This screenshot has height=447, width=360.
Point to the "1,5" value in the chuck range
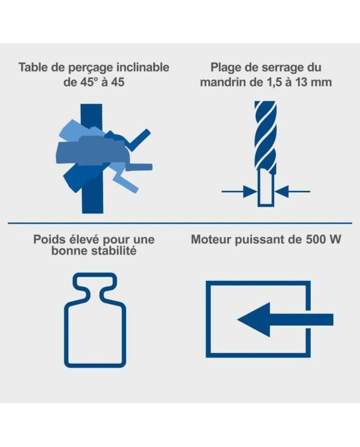point(274,83)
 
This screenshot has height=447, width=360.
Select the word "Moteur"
point(211,240)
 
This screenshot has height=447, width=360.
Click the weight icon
point(95,320)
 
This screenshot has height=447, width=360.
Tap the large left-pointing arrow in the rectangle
point(285,319)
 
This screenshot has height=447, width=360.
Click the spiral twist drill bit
point(265,137)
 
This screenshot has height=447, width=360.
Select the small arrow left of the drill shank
point(240,191)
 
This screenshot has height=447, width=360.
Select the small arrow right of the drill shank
point(293,191)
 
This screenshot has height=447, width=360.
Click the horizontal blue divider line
point(180,223)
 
